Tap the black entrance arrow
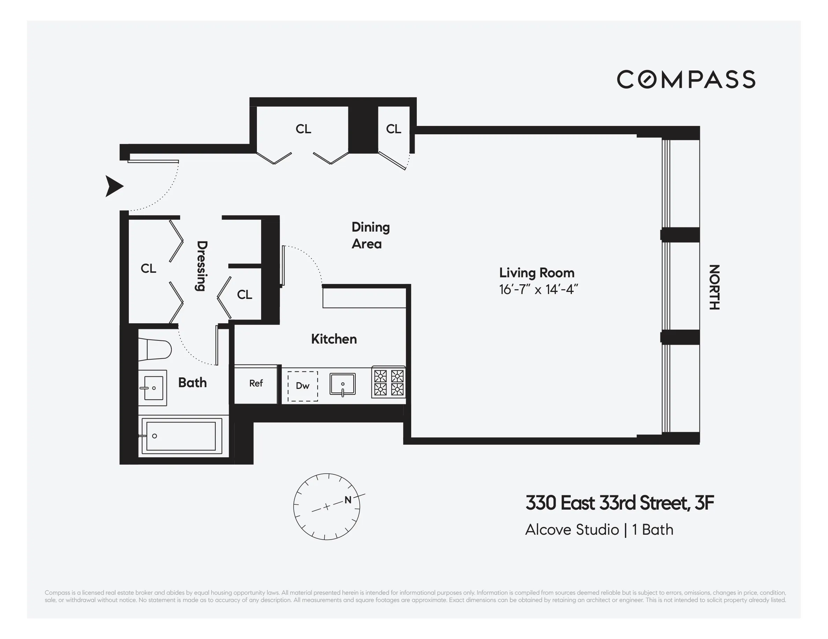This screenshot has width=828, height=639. click(x=114, y=186)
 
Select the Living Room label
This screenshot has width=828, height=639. click(x=537, y=273)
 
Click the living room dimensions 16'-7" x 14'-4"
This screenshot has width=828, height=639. click(x=538, y=290)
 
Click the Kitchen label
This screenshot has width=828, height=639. click(x=334, y=339)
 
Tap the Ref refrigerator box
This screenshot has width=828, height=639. click(x=256, y=383)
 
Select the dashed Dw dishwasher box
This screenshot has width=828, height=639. click(x=303, y=386)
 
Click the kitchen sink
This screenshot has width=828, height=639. click(x=342, y=384)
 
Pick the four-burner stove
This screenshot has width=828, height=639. click(x=389, y=382)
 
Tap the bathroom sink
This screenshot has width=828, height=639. click(x=153, y=388)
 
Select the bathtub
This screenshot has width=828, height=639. click(x=181, y=436)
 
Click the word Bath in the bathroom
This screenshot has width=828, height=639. click(x=192, y=383)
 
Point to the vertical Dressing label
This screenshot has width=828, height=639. click(x=201, y=266)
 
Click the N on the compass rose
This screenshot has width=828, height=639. click(x=348, y=500)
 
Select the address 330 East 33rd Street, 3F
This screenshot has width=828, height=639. click(x=620, y=503)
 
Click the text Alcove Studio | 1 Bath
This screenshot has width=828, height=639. click(x=599, y=529)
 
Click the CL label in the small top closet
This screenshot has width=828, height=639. click(x=393, y=129)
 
